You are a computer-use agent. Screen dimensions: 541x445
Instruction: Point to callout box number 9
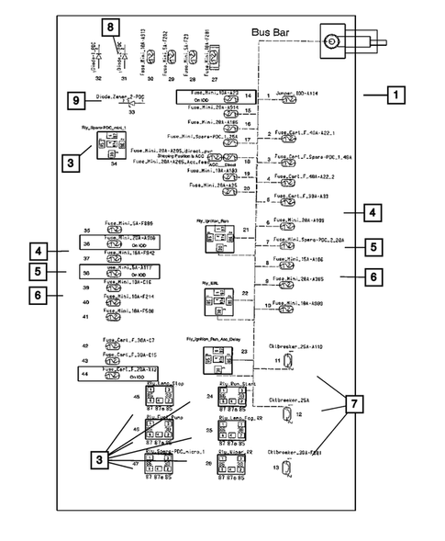[76, 101]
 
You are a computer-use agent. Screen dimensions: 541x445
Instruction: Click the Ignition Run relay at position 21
[217, 239]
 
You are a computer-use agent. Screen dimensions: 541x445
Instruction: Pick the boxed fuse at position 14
[208, 96]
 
